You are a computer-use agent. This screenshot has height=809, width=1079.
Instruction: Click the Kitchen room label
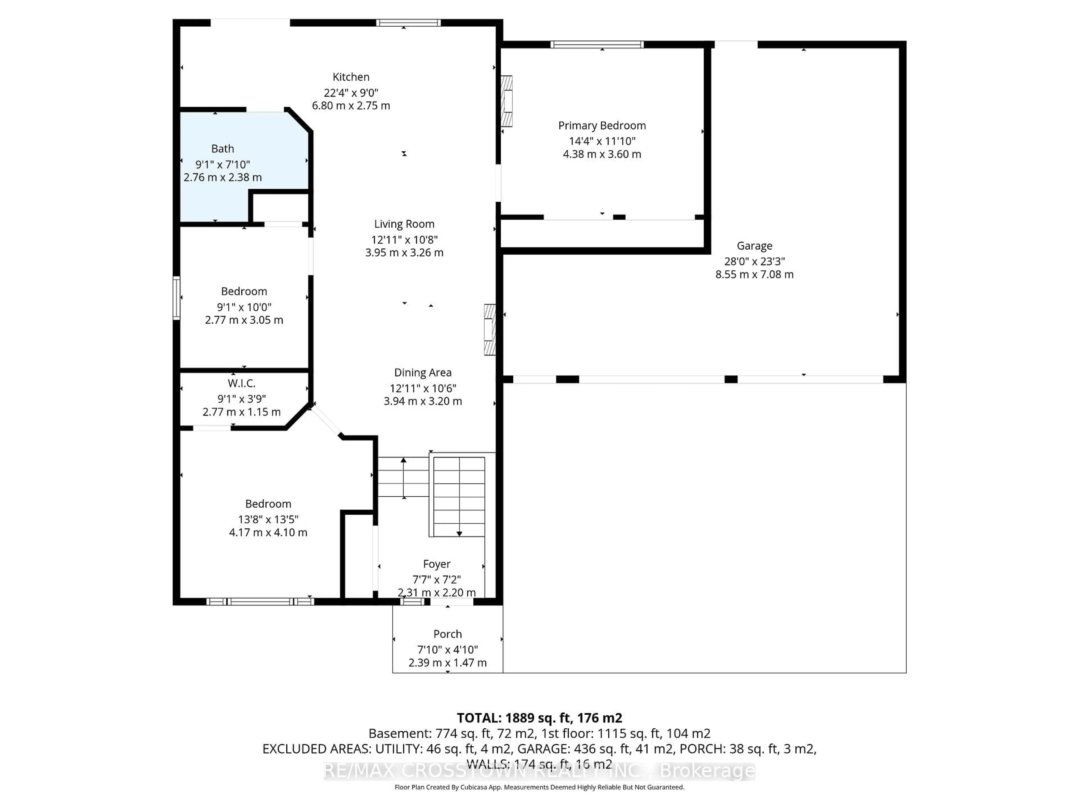(x=351, y=77)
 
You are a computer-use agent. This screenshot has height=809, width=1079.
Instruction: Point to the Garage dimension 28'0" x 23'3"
(x=754, y=261)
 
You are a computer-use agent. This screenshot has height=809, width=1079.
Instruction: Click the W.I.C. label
(x=241, y=383)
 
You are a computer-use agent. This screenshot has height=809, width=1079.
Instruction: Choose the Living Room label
(x=404, y=224)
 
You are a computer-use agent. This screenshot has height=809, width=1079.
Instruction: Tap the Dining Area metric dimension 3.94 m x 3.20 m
(x=422, y=401)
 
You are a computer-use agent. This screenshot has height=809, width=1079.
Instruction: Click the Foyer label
(x=437, y=564)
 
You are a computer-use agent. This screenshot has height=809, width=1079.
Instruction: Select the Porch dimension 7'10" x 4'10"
(x=447, y=649)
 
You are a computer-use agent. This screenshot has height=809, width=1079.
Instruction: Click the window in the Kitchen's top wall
(x=408, y=22)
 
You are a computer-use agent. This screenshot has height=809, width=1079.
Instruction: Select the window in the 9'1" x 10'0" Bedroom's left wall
(x=176, y=298)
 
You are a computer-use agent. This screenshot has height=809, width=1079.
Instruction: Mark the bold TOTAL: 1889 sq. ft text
(x=539, y=718)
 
